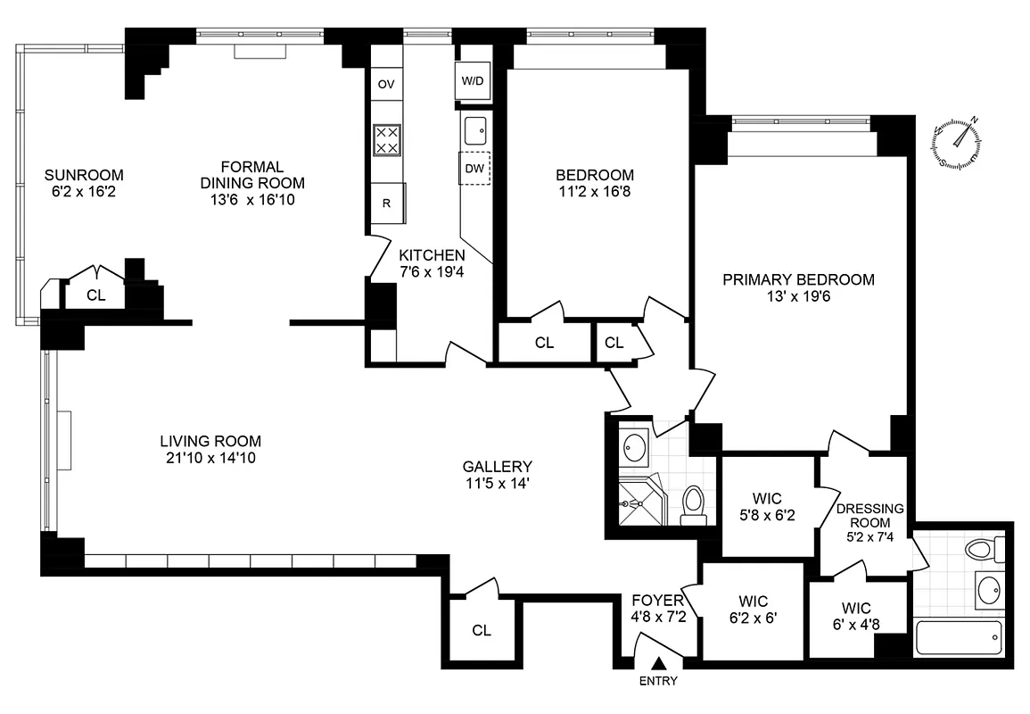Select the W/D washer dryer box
472,81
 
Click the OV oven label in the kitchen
386,85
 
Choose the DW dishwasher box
474,168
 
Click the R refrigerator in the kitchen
387,203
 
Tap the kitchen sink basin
475,130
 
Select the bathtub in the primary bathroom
958,637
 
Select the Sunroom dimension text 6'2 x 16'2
85,191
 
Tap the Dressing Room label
870,516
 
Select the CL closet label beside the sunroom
96,295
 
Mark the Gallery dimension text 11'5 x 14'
498,483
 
